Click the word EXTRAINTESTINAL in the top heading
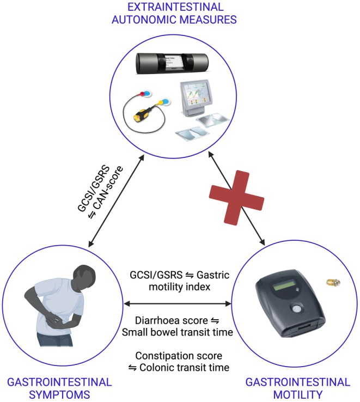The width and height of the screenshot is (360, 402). coord(175,7)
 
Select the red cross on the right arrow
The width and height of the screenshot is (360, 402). coord(236,198)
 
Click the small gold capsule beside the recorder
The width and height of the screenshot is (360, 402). coord(333,283)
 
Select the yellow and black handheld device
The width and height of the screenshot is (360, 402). coord(142,114)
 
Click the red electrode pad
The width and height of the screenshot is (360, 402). coord(141,94)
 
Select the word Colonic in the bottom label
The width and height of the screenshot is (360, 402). coord(156,367)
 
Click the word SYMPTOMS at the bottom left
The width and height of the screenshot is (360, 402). coord(59,394)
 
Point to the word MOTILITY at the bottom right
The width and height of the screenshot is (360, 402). coord(298,394)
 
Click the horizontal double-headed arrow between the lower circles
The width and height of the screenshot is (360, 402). coord(178,304)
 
